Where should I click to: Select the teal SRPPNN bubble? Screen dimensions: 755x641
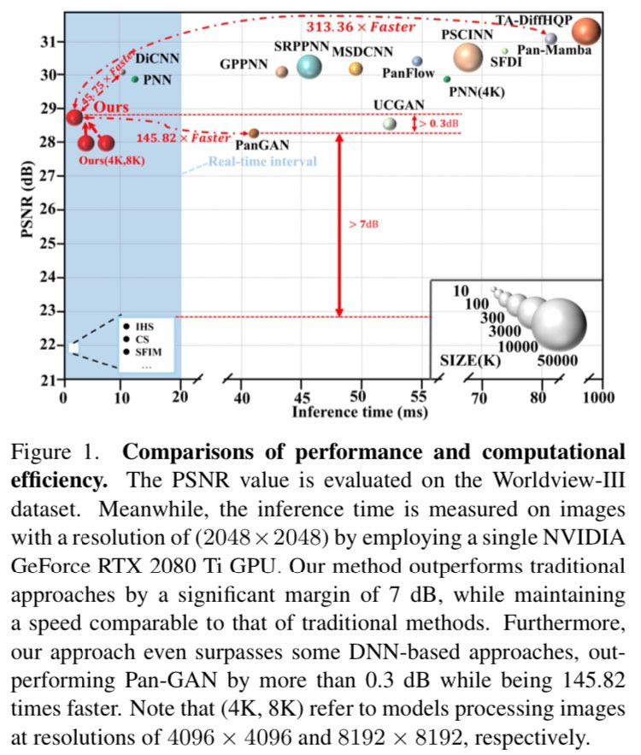pyautogui.click(x=309, y=66)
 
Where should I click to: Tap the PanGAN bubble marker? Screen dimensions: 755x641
pyautogui.click(x=253, y=133)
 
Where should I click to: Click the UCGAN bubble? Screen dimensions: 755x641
pyautogui.click(x=390, y=123)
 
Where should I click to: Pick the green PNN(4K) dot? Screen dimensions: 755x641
pyautogui.click(x=447, y=79)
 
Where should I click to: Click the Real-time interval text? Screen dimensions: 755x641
pyautogui.click(x=263, y=162)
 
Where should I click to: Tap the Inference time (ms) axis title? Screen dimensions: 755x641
pyautogui.click(x=346, y=412)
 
